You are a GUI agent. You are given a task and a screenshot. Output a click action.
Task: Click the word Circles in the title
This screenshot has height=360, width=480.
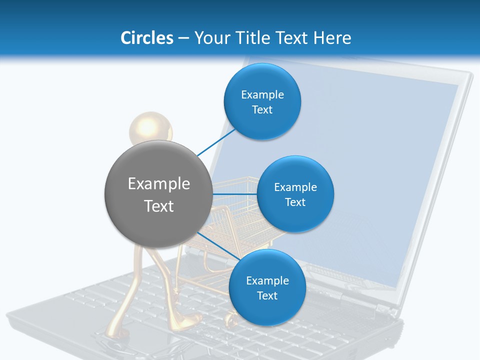pos(146,37)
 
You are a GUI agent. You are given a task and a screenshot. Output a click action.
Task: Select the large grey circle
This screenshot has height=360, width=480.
pos(158,194)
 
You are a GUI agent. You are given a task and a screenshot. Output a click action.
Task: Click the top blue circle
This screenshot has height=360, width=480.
pos(262,102)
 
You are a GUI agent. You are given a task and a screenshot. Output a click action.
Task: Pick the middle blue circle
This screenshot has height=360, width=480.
pos(295,194)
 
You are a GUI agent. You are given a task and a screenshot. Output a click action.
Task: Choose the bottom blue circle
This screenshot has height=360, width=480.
pos(267,287)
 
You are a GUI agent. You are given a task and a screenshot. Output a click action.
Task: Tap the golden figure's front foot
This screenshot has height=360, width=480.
pos(188,321)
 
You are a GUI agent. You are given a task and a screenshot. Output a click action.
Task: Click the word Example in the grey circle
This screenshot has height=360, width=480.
pos(159,183)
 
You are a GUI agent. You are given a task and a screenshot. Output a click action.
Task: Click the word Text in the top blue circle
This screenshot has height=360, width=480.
pos(262,110)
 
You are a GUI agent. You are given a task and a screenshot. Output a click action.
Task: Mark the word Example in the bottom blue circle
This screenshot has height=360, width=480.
pos(267,280)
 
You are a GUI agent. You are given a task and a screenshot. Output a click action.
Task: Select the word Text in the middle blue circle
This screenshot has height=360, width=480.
pos(295,202)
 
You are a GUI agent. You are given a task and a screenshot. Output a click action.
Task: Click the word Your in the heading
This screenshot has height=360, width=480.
pos(210,37)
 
